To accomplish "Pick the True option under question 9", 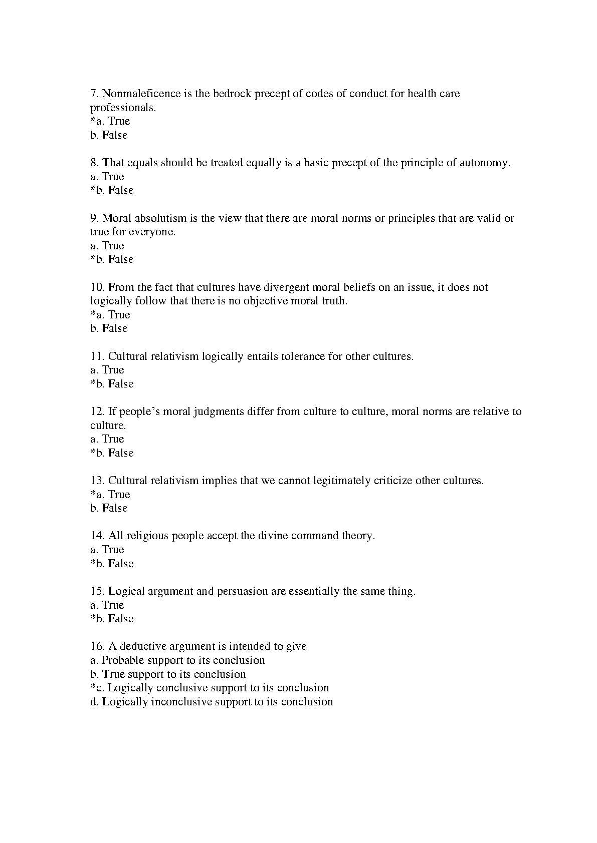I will pos(107,246).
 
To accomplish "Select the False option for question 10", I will pos(109,328).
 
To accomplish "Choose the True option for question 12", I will pos(107,439).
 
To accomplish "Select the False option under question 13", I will pos(109,508).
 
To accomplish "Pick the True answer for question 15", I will pos(107,605).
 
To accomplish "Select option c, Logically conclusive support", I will pos(211,688).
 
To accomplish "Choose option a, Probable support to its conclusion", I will pos(178,660).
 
